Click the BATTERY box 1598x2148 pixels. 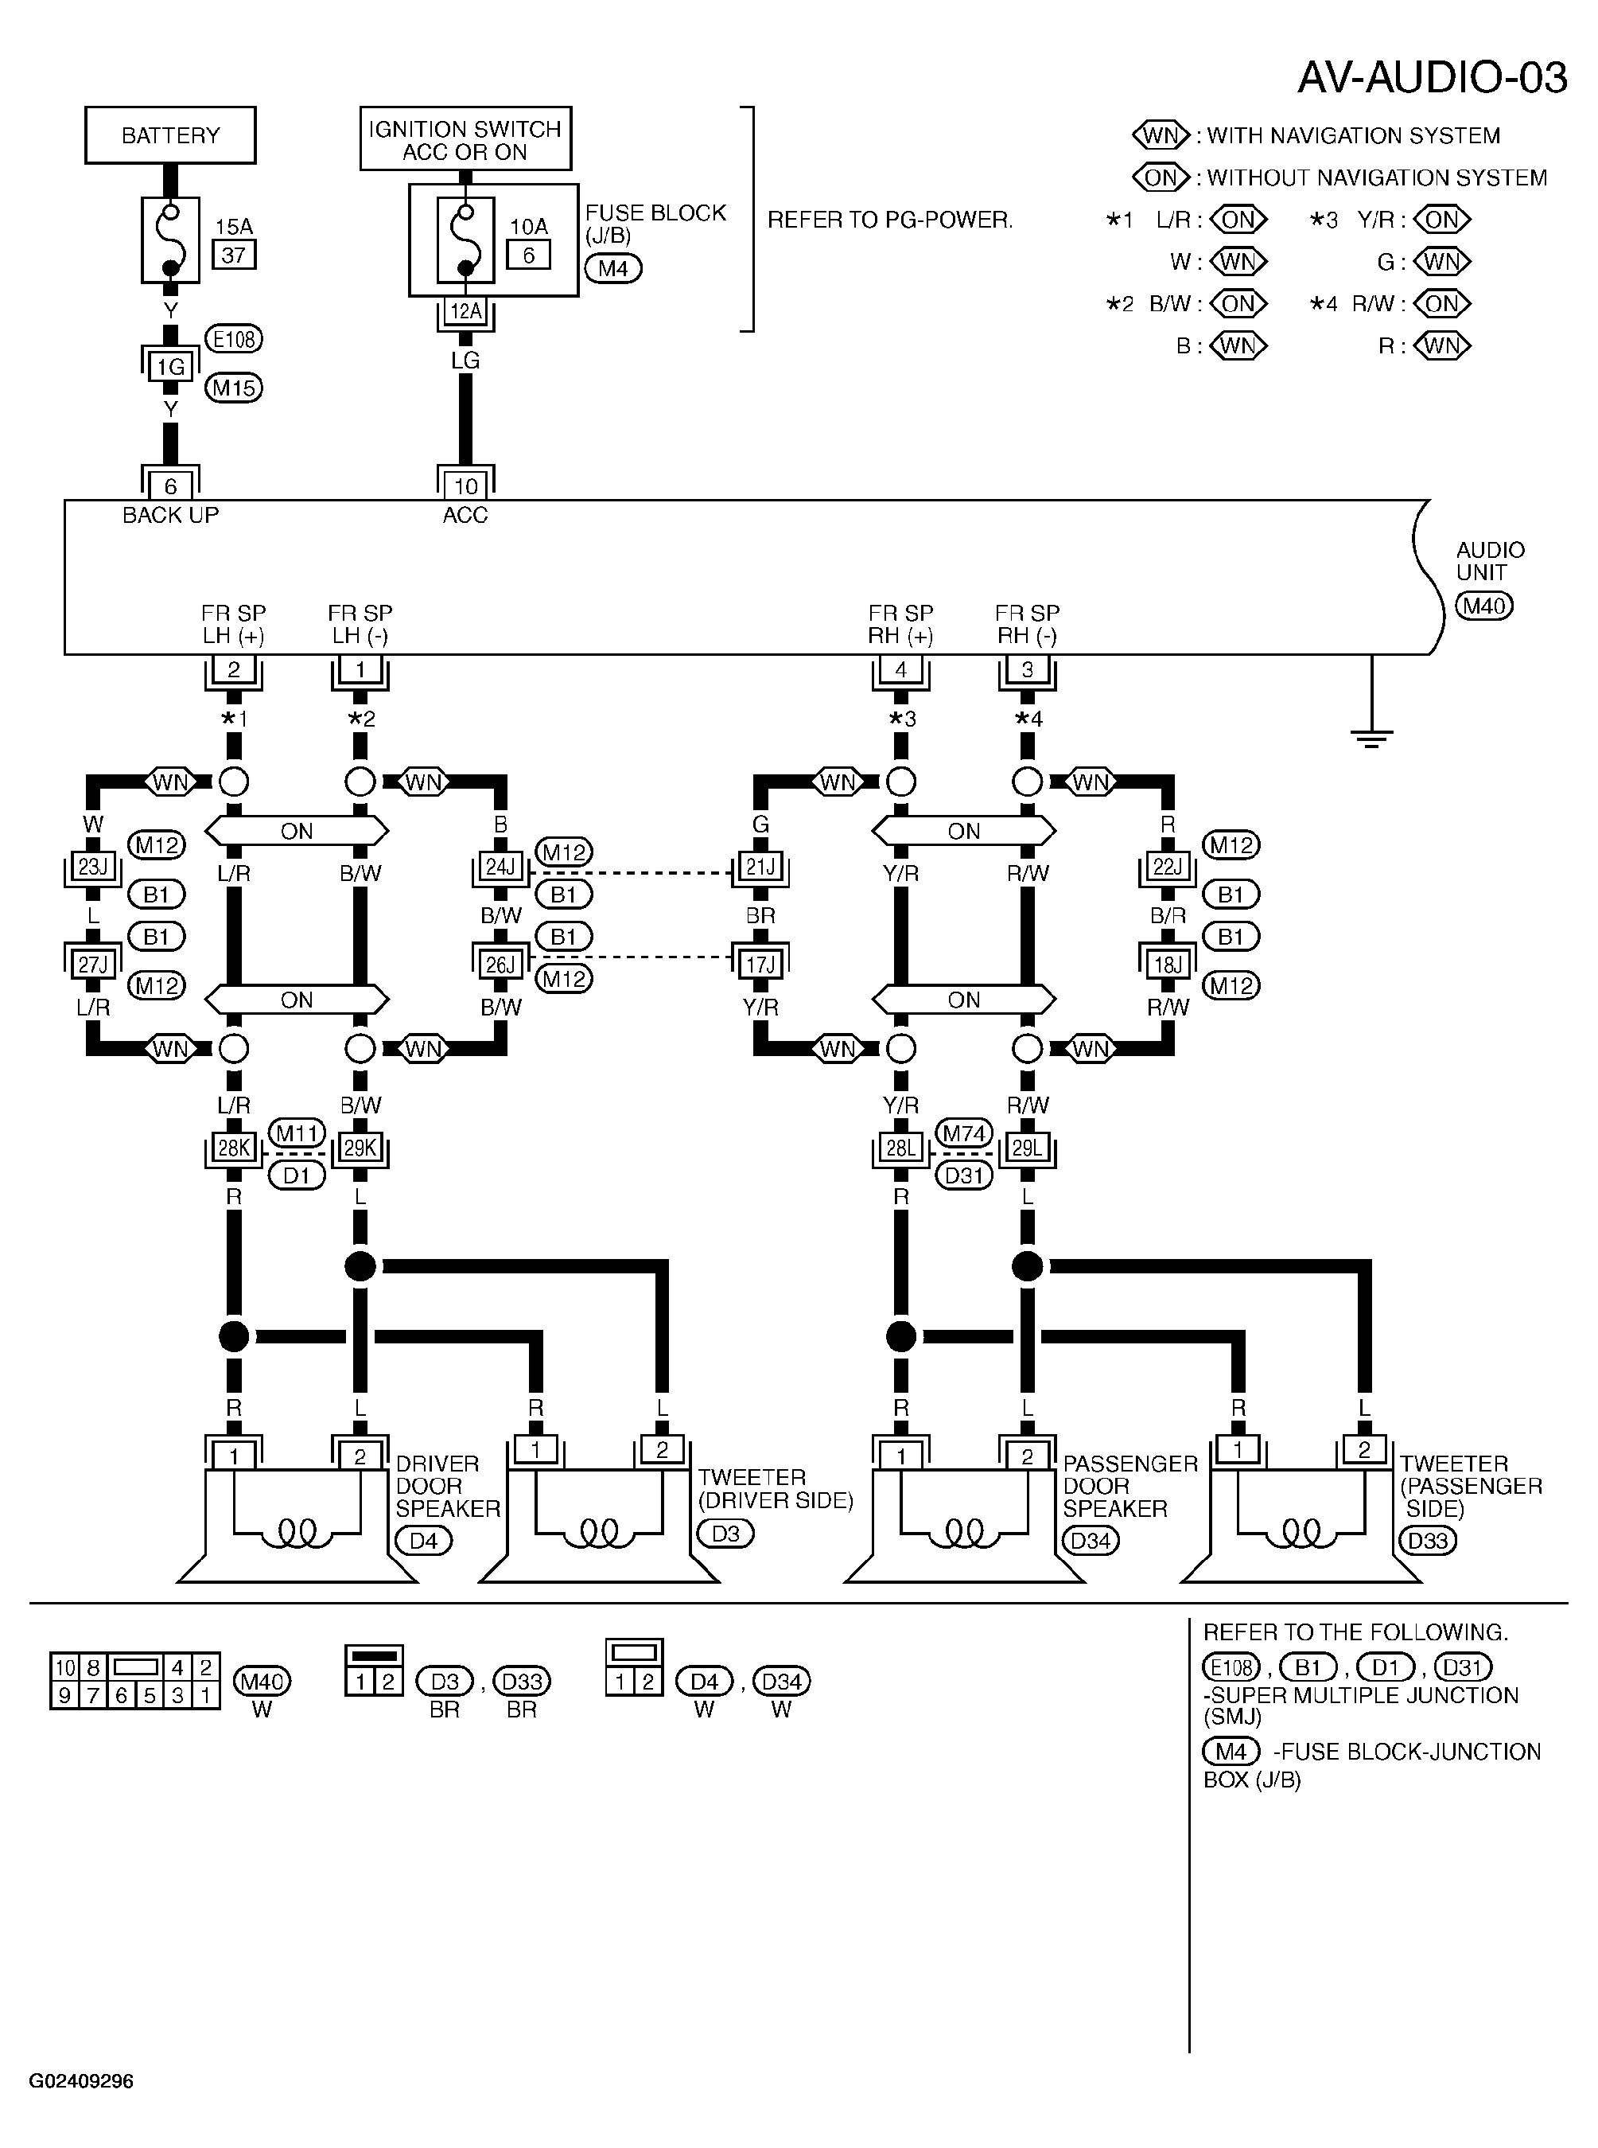pyautogui.click(x=170, y=134)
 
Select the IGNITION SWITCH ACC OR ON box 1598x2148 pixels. pyautogui.click(x=465, y=138)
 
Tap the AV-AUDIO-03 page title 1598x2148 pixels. pyautogui.click(x=1432, y=77)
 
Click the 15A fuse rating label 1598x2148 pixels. pyautogui.click(x=233, y=226)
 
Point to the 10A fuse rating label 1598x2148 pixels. pyautogui.click(x=528, y=226)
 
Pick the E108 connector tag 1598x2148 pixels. pyautogui.click(x=234, y=340)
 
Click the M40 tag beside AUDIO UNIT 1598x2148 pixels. pyautogui.click(x=1485, y=606)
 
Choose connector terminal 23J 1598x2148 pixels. pyautogui.click(x=93, y=867)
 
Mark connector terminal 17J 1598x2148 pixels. pyautogui.click(x=760, y=965)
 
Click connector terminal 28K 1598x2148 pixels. pyautogui.click(x=233, y=1148)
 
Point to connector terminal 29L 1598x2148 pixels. pyautogui.click(x=1028, y=1148)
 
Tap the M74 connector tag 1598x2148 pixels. pyautogui.click(x=964, y=1133)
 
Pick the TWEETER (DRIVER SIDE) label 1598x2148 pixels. pyautogui.click(x=776, y=1489)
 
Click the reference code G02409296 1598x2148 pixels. pyautogui.click(x=81, y=2081)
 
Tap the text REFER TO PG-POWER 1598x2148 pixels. pyautogui.click(x=890, y=220)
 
